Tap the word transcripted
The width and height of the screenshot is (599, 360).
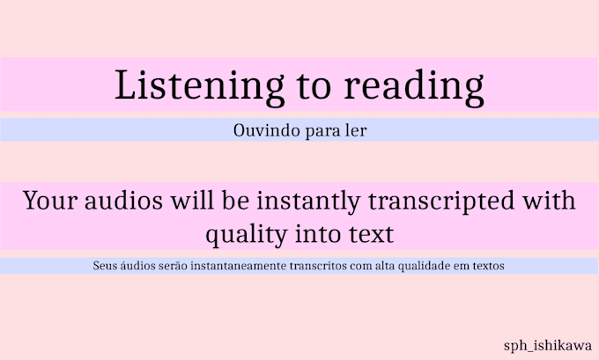[x=438, y=201]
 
